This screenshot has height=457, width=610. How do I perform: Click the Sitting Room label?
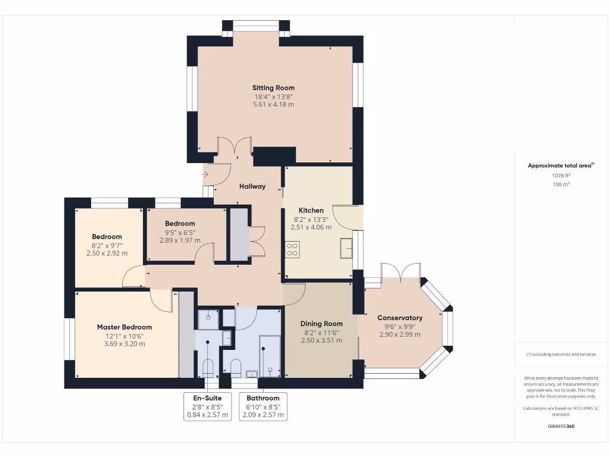tap(273, 88)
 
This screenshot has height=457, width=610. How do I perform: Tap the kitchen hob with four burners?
tap(292, 249)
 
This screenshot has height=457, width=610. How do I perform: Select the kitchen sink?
tap(346, 248)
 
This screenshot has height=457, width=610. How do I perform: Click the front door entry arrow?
tap(206, 174)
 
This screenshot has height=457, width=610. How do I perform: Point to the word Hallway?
tap(253, 186)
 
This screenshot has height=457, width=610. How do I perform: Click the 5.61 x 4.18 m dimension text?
tap(273, 104)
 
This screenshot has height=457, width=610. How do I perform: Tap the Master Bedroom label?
tap(125, 327)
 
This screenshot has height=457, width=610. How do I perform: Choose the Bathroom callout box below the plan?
tap(263, 406)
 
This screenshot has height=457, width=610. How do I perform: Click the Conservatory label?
tap(400, 318)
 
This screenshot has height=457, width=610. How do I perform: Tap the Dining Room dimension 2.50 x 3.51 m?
tap(321, 340)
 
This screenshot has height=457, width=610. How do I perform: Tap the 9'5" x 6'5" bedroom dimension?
tap(180, 232)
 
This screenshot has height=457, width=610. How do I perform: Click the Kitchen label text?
tap(311, 210)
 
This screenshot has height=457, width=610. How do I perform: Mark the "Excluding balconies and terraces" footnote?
tap(561, 354)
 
